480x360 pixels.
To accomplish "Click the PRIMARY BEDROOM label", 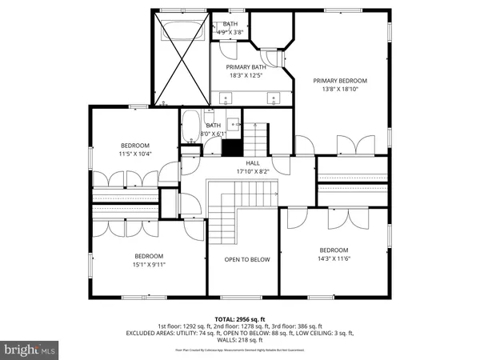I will tap(340, 81).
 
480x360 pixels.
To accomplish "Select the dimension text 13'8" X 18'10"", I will tap(340, 90).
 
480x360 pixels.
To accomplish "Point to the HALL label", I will tap(253, 162).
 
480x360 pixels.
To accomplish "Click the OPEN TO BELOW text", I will tap(247, 259).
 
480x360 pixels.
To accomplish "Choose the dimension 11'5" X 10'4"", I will tap(135, 154).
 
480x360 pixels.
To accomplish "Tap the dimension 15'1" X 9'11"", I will tap(149, 265).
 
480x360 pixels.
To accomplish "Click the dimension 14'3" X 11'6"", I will tap(334, 258).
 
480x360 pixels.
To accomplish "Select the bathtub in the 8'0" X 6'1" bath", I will tap(190, 127).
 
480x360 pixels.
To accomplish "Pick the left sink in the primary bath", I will tap(226, 100).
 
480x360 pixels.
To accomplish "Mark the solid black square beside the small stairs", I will tap(232, 148).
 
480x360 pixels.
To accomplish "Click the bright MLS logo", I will tap(30, 350).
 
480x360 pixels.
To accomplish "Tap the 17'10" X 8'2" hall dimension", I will tap(253, 171).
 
